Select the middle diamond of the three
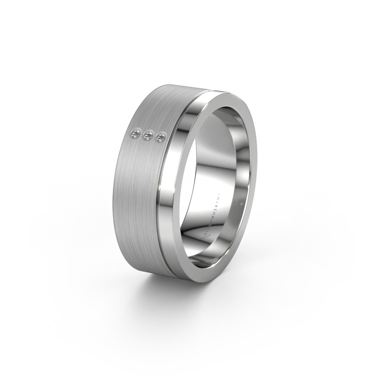click(149, 136)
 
